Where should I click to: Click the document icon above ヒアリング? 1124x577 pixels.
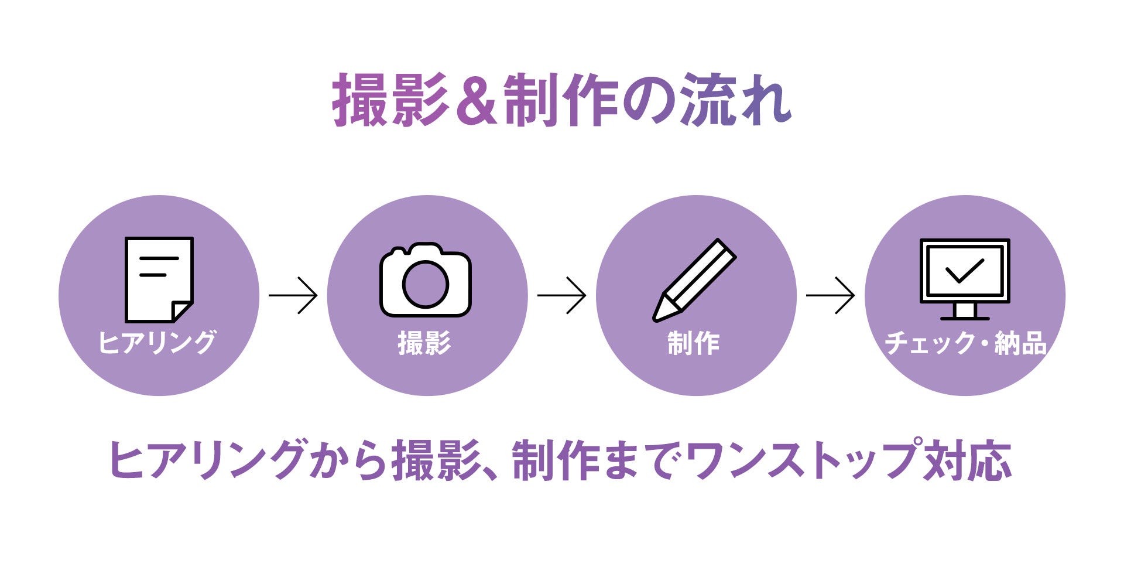pos(159,279)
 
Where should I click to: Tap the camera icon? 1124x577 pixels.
pos(426,281)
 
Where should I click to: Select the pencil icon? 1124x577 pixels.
pos(695,279)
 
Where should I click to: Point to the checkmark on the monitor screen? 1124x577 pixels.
pos(964,270)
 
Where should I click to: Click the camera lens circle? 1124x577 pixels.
pos(426,285)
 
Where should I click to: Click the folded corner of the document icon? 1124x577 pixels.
pos(181,311)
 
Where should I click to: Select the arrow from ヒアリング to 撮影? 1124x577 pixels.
pos(293,295)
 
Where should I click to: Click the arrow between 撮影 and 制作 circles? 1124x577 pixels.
pos(561,295)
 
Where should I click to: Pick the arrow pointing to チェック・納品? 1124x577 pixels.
pos(830,295)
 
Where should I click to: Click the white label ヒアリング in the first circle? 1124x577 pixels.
pos(157,342)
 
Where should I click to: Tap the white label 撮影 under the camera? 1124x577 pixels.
pos(424,343)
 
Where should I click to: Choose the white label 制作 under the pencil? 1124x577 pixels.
pos(694,343)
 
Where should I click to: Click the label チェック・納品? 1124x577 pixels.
pos(965,343)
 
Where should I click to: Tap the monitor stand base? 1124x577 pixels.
pos(965,318)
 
